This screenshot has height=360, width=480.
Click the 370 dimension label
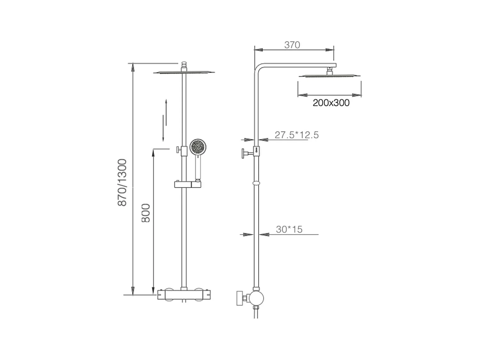292,45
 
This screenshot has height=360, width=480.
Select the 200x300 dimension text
331,103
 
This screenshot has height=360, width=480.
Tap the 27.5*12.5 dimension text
297,135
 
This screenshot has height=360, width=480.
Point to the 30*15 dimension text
289,229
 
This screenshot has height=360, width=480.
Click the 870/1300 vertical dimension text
122,182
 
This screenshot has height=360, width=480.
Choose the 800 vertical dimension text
146,213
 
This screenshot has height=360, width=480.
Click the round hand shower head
198,148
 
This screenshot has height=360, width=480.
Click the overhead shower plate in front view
184,73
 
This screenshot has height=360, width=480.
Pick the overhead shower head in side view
329,76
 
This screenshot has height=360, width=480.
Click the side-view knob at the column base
241,298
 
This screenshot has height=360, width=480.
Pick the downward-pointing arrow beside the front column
163,128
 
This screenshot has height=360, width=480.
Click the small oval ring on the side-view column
256,183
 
